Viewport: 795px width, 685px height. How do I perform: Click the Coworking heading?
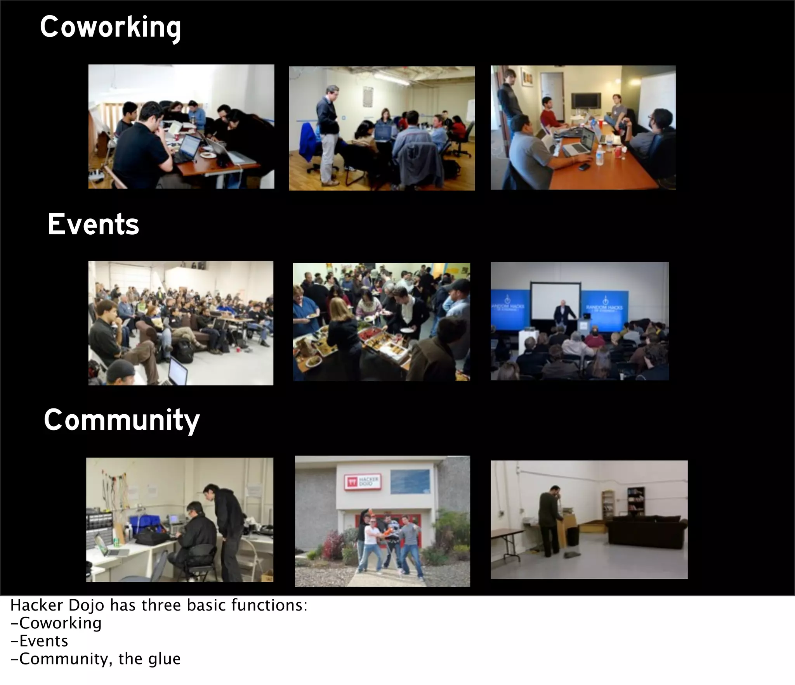(110, 28)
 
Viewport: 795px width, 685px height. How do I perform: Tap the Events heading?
(93, 225)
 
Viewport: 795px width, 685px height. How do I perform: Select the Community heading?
(122, 420)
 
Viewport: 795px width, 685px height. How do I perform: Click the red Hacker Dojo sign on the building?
(362, 482)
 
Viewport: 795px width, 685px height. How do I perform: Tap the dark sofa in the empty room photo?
(646, 531)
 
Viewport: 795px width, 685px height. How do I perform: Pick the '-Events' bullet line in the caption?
(39, 641)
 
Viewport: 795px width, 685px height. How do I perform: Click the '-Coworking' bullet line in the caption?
(56, 623)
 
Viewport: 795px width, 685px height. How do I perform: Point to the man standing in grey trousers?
(328, 132)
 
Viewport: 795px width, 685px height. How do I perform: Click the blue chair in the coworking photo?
(311, 142)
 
